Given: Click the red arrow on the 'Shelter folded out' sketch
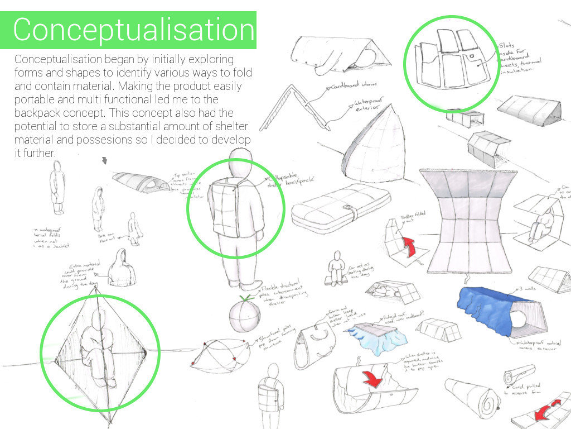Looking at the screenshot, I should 410,246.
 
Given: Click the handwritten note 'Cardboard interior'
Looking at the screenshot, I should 351,87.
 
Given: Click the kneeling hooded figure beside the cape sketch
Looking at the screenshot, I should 134,227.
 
